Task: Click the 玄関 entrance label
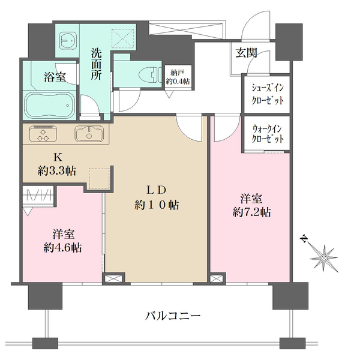click(x=247, y=53)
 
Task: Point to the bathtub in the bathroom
click(x=49, y=107)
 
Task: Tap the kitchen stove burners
click(x=40, y=133)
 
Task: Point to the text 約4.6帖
click(x=62, y=247)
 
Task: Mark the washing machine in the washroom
click(x=67, y=40)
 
